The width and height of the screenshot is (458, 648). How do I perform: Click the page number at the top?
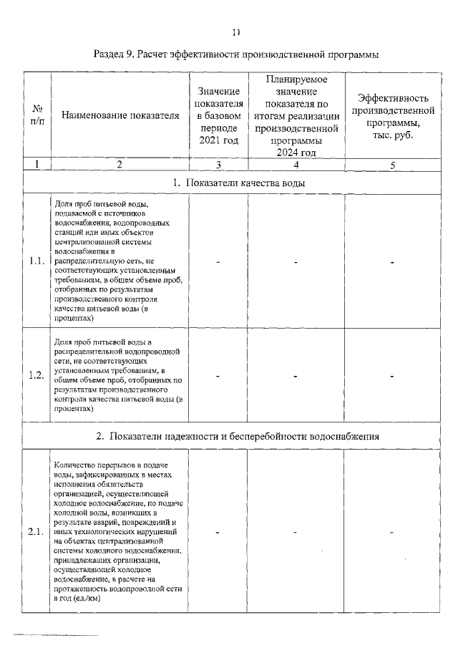click(237, 32)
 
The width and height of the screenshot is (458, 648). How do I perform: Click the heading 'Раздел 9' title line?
click(236, 54)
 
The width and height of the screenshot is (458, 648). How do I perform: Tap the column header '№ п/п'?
click(36, 115)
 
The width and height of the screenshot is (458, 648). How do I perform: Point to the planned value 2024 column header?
click(296, 115)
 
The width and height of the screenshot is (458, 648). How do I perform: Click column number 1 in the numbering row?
click(36, 164)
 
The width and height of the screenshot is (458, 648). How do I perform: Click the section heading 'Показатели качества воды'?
click(239, 183)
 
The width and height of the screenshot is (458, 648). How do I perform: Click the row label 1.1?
click(36, 261)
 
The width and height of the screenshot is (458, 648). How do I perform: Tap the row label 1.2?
click(36, 376)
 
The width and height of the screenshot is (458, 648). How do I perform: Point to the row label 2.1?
click(36, 532)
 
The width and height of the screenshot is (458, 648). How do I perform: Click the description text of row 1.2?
click(119, 375)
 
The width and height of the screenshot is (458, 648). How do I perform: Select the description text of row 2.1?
click(119, 531)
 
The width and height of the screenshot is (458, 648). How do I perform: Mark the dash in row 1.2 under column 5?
click(393, 376)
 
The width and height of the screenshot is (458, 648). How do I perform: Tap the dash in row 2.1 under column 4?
click(296, 532)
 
